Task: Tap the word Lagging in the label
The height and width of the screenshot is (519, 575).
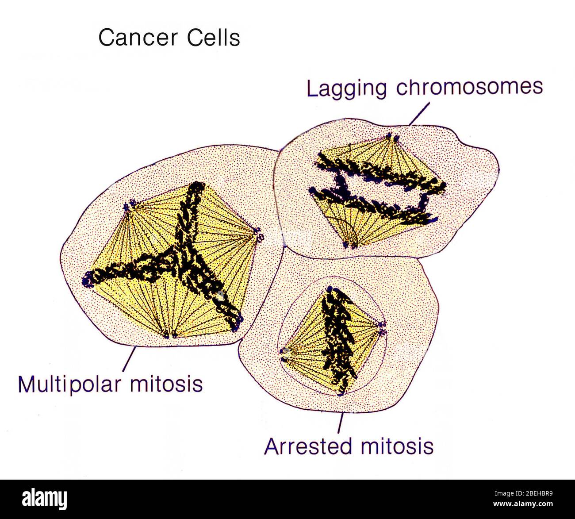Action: pyautogui.click(x=347, y=88)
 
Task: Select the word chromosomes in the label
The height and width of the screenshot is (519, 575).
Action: pyautogui.click(x=469, y=86)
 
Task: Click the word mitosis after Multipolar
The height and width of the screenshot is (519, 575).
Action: pyautogui.click(x=166, y=384)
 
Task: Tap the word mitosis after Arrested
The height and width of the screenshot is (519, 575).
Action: pyautogui.click(x=397, y=446)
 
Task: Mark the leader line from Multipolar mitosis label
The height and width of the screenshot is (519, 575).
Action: pyautogui.click(x=129, y=359)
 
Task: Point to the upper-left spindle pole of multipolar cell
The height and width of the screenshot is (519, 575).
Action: pyautogui.click(x=128, y=206)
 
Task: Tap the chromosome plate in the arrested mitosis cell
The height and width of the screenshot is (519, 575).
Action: pyautogui.click(x=338, y=338)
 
